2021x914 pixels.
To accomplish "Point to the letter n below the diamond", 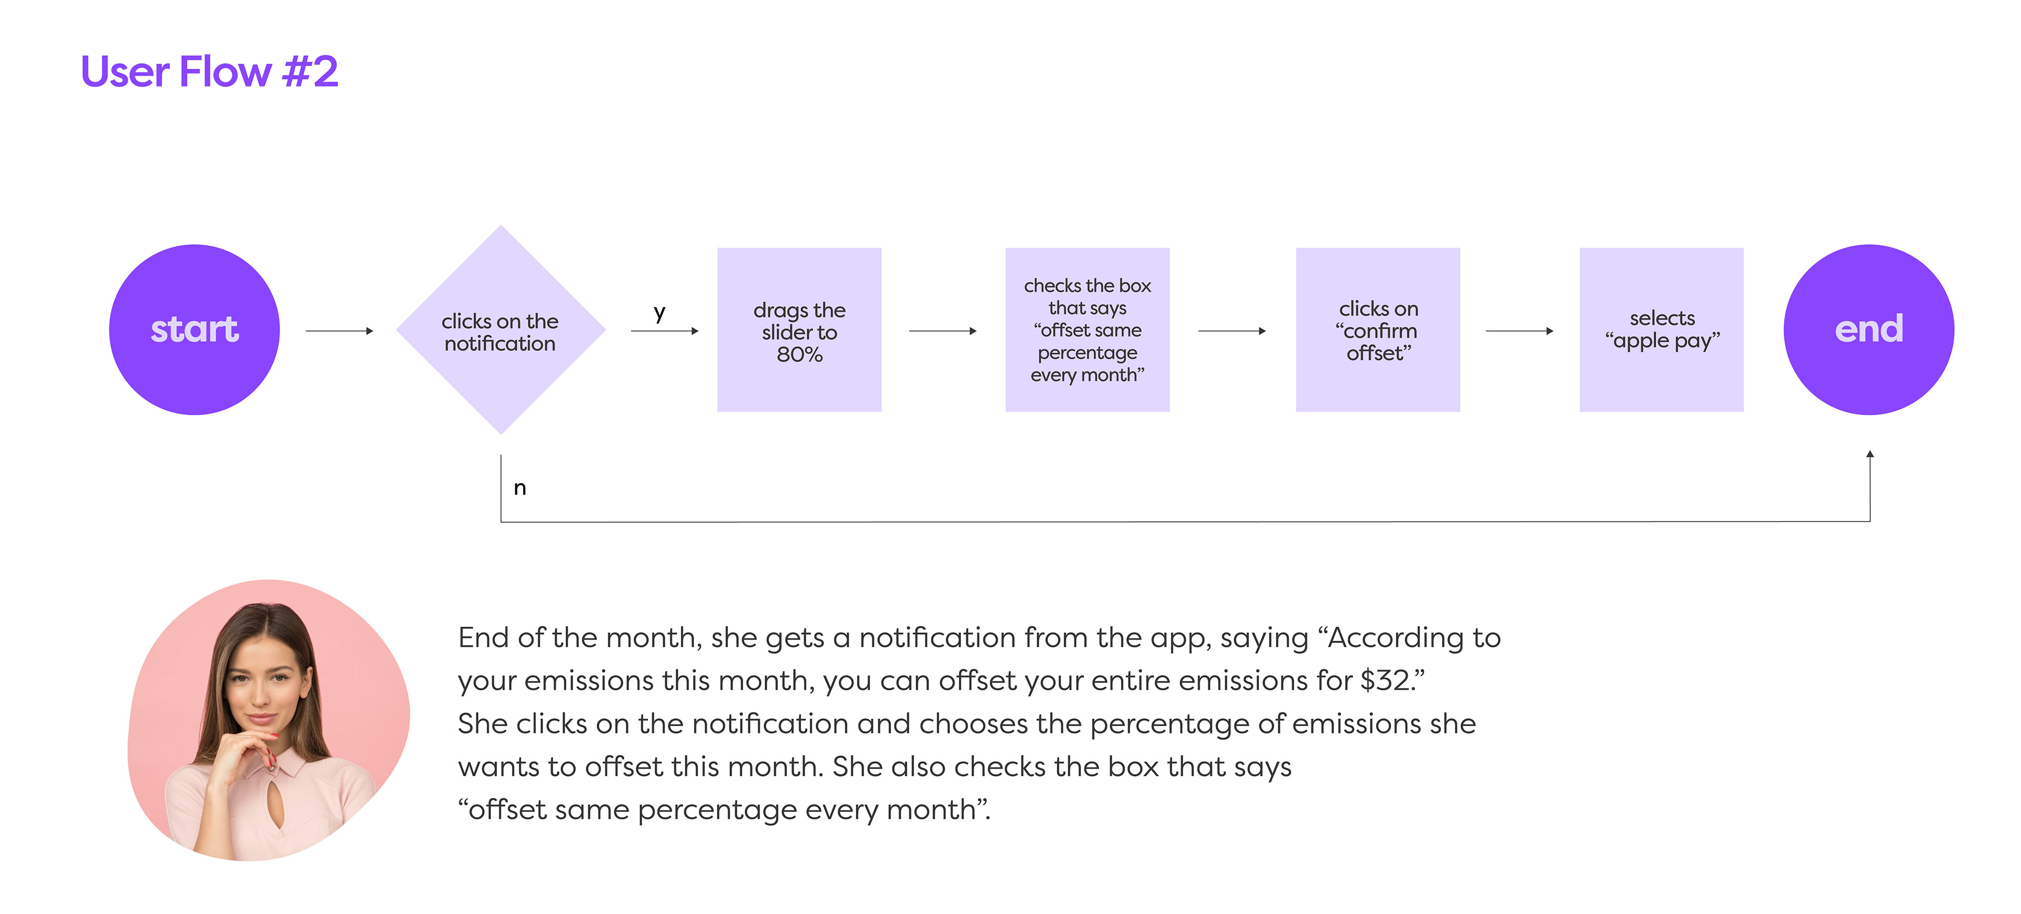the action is coord(519,488).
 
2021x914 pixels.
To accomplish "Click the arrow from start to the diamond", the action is coord(339,331).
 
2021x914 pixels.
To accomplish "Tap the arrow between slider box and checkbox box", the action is coord(942,331).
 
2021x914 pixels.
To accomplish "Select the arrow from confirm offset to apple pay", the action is coord(1519,331).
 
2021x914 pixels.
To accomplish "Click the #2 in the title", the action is coord(310,72).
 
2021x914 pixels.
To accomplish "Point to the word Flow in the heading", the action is coord(225,72).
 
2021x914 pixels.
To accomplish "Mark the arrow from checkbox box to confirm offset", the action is coord(1232,331).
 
